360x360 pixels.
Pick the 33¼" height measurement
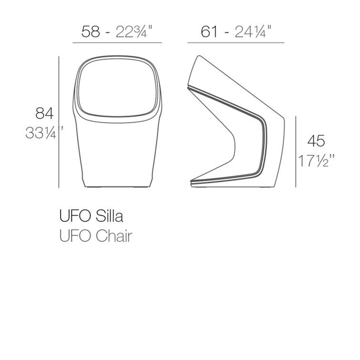(43, 134)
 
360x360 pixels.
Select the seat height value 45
(316, 141)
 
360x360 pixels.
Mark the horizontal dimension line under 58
(117, 43)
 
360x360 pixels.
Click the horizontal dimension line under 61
(236, 43)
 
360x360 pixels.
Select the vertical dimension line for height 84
(59, 122)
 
